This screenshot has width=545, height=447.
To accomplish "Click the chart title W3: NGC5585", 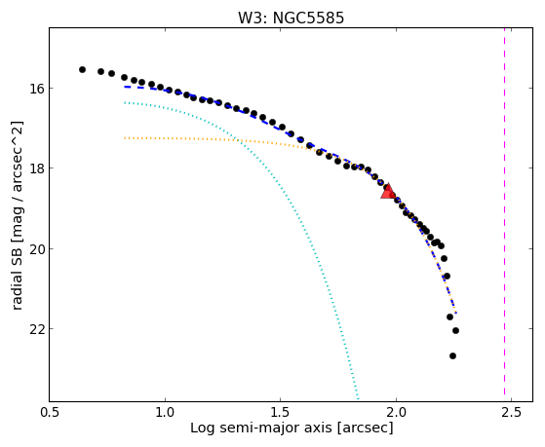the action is [291, 18].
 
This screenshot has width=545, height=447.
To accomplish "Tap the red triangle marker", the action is [388, 192].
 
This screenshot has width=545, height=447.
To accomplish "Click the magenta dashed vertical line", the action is [504, 214].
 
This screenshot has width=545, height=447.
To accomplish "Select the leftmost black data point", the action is [82, 69].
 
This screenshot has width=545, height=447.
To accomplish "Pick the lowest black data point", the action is [452, 355].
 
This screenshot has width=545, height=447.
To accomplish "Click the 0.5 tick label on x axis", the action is [50, 412].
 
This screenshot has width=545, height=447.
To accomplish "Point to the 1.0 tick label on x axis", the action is [165, 412].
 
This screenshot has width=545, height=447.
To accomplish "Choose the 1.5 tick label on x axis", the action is [281, 412].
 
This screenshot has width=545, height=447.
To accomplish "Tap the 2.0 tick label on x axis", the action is [396, 412].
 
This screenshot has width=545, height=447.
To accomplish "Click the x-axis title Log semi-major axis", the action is [260, 428].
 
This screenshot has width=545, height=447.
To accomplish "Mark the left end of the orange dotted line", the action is [125, 138].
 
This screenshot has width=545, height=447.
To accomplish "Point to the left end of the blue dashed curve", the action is [125, 87].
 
